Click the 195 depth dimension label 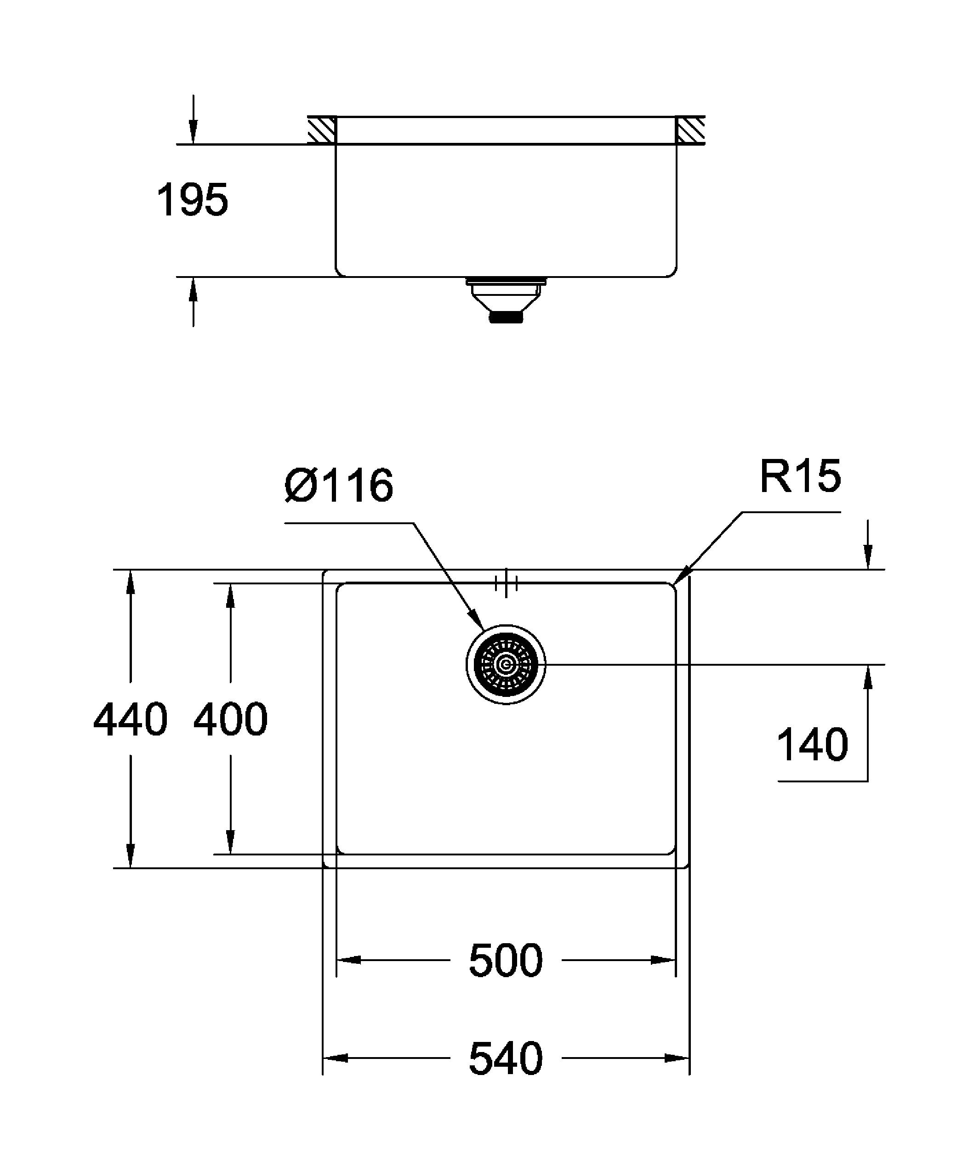(192, 200)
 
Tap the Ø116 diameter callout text (339, 486)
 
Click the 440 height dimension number (131, 719)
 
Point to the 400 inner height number (230, 719)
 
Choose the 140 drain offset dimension (812, 745)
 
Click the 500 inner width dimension (506, 960)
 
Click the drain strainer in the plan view (506, 664)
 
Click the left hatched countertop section (322, 131)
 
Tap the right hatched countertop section (690, 131)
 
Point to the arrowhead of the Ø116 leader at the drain (475, 617)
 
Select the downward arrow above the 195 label (193, 133)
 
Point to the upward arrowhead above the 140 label (868, 677)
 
